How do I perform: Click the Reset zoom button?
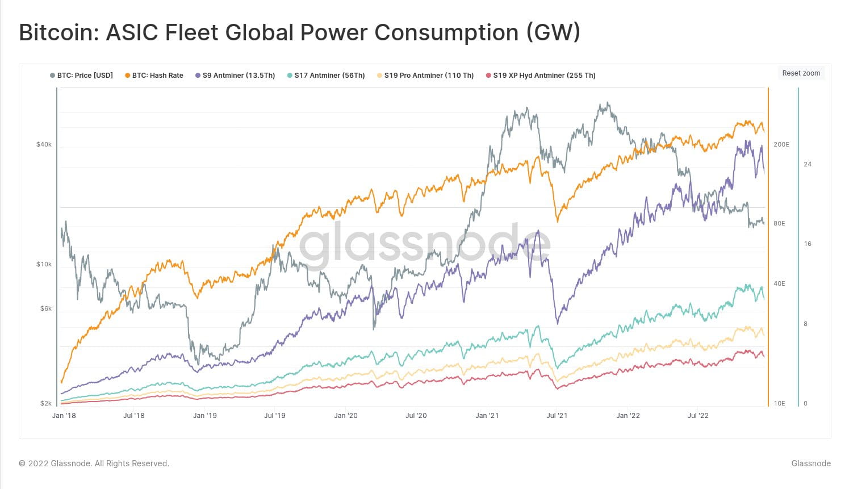tap(801, 73)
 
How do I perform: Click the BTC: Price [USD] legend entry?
tap(82, 76)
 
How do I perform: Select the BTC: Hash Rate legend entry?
tap(154, 76)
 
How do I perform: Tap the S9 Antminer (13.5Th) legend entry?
tap(235, 76)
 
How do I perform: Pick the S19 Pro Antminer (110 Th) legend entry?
tap(425, 76)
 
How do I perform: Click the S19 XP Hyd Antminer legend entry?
tap(541, 76)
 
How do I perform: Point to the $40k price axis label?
tap(44, 145)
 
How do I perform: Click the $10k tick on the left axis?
tap(44, 265)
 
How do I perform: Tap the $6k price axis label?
tap(45, 309)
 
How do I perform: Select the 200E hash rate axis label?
tap(781, 145)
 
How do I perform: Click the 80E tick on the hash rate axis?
tap(779, 224)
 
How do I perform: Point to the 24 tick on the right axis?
tap(808, 165)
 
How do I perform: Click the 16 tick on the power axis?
tap(808, 244)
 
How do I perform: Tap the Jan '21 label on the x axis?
tap(487, 416)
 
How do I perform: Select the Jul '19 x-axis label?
tap(275, 416)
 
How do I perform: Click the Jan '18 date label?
tap(64, 416)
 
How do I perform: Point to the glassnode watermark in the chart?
tap(425, 245)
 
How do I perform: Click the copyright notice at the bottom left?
tap(94, 463)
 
